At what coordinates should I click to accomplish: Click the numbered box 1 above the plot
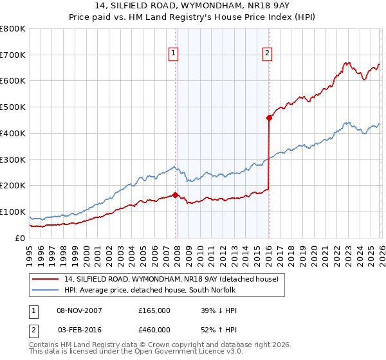(174, 54)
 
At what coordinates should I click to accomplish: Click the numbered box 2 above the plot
(267, 54)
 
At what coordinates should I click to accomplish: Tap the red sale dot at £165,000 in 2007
(175, 194)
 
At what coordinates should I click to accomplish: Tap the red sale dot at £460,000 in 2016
(268, 117)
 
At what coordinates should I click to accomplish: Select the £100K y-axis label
(13, 212)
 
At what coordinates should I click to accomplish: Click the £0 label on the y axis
(19, 238)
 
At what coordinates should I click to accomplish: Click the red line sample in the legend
(46, 279)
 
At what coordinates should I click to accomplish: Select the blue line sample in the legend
(46, 290)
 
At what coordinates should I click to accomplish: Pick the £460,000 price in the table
(154, 329)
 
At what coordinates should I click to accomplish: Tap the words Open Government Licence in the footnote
(178, 352)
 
